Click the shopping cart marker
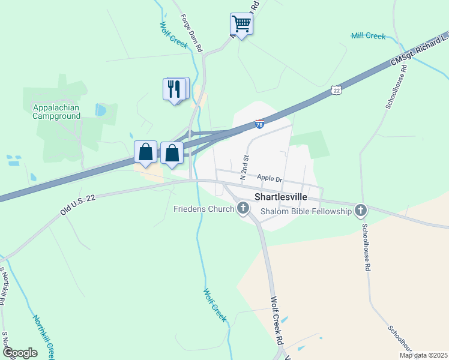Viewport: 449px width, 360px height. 241,25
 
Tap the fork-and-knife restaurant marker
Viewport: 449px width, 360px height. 173,89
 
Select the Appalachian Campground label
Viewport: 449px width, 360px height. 56,112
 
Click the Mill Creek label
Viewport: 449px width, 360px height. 368,36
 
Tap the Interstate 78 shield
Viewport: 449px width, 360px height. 259,124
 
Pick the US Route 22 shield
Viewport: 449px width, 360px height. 336,90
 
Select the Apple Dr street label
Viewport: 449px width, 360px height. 269,178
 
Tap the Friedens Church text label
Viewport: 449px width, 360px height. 203,209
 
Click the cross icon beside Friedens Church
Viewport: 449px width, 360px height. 243,209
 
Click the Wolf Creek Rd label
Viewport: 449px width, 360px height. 277,321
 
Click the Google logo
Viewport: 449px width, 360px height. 19,353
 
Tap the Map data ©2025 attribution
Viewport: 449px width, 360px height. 423,355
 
